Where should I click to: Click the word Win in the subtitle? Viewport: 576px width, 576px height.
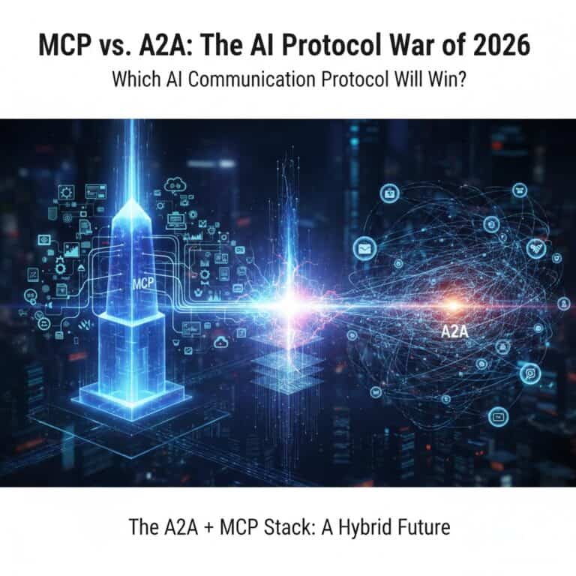443,80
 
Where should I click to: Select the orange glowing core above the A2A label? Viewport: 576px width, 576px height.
452,304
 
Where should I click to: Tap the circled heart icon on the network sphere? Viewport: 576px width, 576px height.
535,248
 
